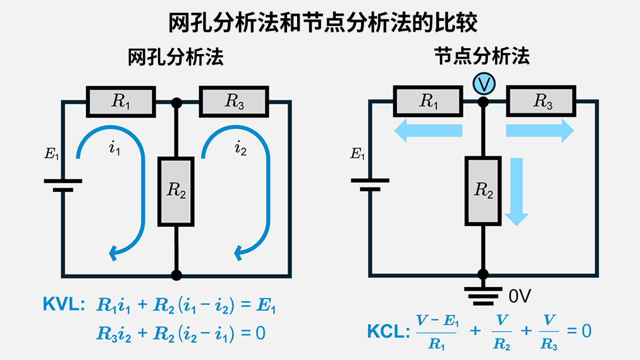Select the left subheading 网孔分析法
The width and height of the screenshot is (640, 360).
(176, 58)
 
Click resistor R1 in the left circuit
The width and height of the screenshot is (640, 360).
(122, 102)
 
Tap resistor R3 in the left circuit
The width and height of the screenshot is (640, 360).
(234, 102)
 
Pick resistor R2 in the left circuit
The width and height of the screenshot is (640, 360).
(176, 191)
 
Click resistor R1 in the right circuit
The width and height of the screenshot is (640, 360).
(429, 102)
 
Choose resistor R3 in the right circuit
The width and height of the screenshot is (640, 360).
(542, 102)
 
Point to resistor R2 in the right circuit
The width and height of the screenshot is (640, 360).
(483, 191)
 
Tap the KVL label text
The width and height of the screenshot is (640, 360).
(63, 304)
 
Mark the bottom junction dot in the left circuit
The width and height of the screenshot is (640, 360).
(176, 275)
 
